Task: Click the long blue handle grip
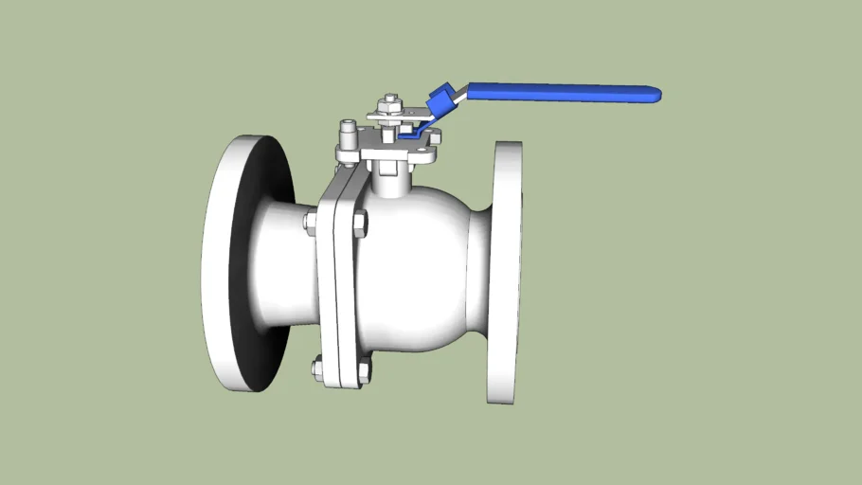(x=559, y=92)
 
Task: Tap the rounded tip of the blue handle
(x=654, y=95)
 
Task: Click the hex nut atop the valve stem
(x=388, y=102)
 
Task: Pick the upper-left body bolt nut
(x=310, y=222)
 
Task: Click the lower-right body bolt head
(x=365, y=368)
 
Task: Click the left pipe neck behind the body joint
(x=284, y=265)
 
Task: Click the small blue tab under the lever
(x=409, y=135)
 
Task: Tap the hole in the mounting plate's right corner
(x=435, y=137)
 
